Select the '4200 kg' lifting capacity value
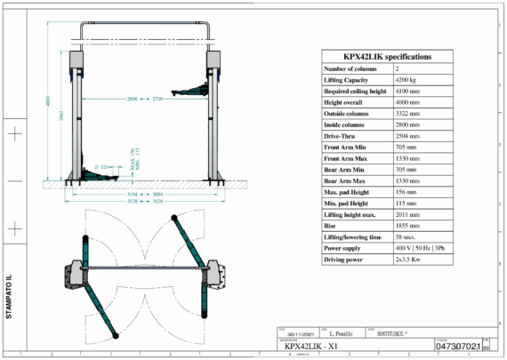tap(407, 81)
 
